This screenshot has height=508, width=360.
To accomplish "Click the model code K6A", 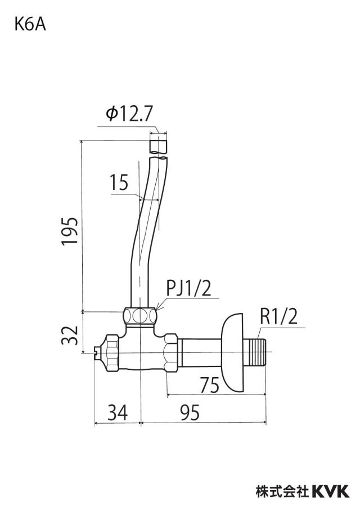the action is point(30,25).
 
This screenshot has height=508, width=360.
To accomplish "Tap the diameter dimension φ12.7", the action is point(129,114).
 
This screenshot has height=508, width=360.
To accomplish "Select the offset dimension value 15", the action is point(119,183).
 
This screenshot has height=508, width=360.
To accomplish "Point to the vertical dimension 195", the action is point(70,231).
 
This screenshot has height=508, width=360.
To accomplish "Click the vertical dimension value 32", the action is point(70,335).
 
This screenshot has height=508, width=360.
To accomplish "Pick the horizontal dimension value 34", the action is point(118,412).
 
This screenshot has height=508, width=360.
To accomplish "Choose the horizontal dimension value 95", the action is point(190,412).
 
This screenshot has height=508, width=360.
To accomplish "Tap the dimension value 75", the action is point(209,385).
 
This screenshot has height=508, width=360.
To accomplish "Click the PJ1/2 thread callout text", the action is point(188,288).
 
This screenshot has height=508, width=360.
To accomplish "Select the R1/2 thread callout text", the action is point(278,316).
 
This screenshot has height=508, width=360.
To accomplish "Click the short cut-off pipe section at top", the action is point(159,146).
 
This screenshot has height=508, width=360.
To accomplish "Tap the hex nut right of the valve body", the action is point(171,352).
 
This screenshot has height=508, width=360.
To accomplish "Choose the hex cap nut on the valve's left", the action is point(111,352).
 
